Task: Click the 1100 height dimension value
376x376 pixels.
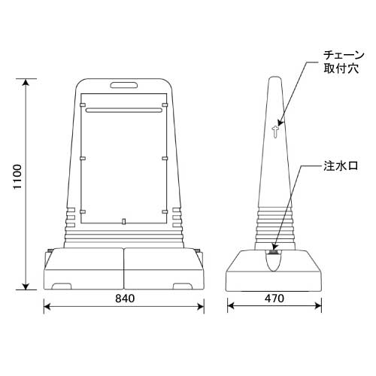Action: [x=17, y=183]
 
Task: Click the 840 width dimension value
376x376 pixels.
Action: [x=124, y=299]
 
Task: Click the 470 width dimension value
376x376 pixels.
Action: [x=274, y=299]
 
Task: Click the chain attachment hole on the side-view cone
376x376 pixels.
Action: [x=275, y=132]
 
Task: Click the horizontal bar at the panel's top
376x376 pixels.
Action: [x=124, y=110]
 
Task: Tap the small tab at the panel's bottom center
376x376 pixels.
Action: [x=124, y=221]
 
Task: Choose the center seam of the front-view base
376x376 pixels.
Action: [x=124, y=267]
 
